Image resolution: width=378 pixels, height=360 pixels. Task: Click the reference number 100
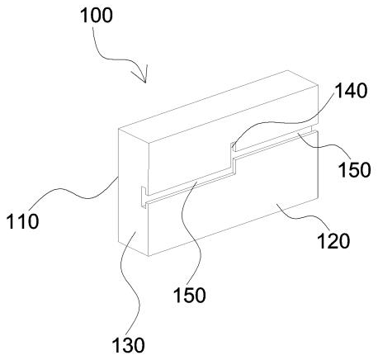(x=97, y=16)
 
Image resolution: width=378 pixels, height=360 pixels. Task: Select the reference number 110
(x=22, y=221)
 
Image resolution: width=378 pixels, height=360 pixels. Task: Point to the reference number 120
(x=333, y=241)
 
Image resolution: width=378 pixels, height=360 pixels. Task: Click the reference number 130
(x=128, y=345)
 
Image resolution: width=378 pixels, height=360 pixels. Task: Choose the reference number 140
(x=351, y=91)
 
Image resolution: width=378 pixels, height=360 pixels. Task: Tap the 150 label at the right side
(x=355, y=169)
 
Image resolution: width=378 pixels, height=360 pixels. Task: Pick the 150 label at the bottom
(x=190, y=295)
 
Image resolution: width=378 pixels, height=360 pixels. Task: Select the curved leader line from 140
(x=283, y=123)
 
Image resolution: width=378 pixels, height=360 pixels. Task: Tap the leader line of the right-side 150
(x=324, y=145)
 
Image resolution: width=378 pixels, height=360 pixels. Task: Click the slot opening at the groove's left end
(x=144, y=197)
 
